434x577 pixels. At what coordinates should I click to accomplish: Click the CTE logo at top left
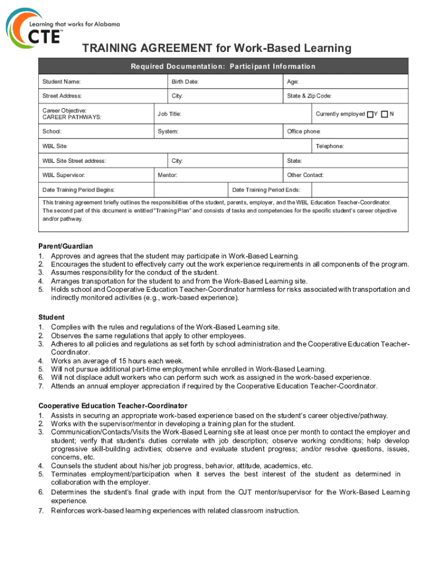coord(34,28)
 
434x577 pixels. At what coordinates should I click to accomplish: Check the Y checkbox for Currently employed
coord(370,114)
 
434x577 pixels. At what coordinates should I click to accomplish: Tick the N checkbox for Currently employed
coord(384,114)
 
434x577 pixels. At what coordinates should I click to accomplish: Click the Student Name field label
coord(61,82)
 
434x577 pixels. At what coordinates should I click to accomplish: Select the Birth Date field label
coord(185,82)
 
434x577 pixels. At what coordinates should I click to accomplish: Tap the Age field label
coord(293,82)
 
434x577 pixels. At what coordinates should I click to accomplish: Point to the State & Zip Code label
coord(309,96)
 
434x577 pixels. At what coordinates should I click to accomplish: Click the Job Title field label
coord(169,114)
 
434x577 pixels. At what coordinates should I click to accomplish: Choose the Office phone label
coord(304,132)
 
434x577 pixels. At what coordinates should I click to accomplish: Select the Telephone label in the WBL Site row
coord(330,147)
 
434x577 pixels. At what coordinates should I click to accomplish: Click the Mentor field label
coord(167,175)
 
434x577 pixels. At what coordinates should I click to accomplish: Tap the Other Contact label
coord(305,175)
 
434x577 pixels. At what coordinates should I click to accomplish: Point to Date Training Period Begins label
coord(78,190)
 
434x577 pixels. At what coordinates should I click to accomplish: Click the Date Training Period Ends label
coord(266,190)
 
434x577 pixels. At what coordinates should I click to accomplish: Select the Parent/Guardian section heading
coord(65,246)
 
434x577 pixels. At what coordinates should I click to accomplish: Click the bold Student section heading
coord(51,317)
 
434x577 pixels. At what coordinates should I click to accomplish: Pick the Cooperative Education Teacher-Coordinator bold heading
coord(113,406)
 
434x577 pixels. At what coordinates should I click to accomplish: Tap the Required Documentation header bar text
coord(223,66)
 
